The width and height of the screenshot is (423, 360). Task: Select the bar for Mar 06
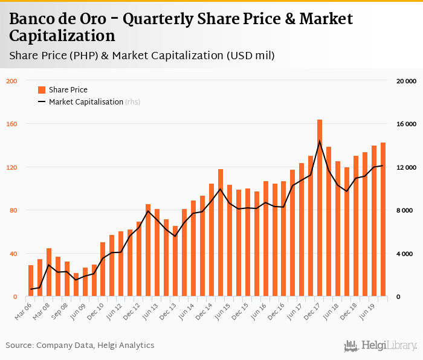31,281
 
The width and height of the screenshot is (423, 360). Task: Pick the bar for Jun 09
85,282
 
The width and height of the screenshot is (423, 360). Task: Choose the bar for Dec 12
139,259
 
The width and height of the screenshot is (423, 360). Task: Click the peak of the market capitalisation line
320,141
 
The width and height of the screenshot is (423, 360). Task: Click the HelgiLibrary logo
381,346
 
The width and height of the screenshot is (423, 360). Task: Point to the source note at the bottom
80,345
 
